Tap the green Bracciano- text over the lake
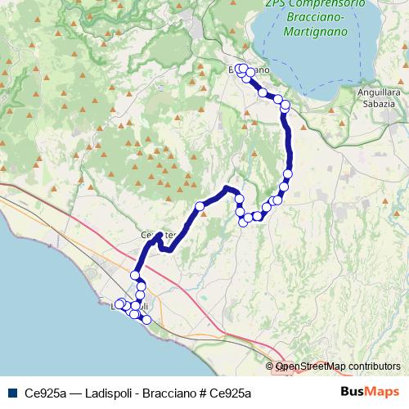[316, 17]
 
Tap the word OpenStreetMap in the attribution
[311, 366]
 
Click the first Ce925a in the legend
[45, 393]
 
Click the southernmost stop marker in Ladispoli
[146, 320]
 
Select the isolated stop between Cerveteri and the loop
[199, 206]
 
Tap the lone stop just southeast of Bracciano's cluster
[263, 92]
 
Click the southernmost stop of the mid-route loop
[243, 222]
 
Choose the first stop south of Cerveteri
[135, 276]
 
